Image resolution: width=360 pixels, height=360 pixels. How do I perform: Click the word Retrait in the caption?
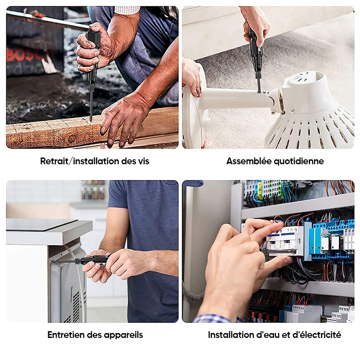tap(54, 161)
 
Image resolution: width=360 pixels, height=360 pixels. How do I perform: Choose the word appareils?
tap(123, 335)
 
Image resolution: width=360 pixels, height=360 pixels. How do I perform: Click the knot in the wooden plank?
tap(72, 139)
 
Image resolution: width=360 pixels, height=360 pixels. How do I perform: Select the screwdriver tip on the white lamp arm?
tap(259, 91)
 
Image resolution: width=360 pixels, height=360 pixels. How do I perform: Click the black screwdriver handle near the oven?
tap(94, 260)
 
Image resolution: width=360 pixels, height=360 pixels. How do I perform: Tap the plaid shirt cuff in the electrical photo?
tap(212, 319)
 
